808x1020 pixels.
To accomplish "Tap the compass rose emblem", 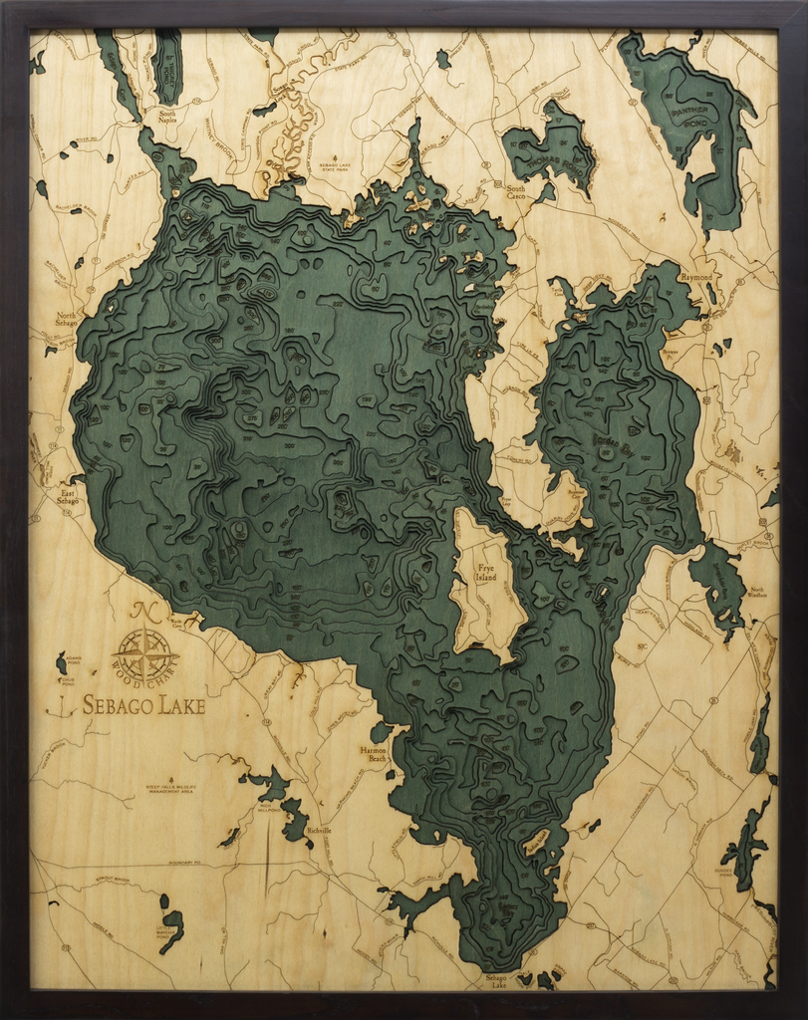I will click(x=144, y=653).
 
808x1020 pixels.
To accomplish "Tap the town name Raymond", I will click(x=696, y=277).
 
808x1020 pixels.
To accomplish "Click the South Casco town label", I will click(x=515, y=192).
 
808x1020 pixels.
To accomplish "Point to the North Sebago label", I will click(x=65, y=319).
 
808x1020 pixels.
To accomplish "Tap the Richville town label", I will click(x=319, y=830).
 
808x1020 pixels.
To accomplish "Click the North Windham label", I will click(x=757, y=593).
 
